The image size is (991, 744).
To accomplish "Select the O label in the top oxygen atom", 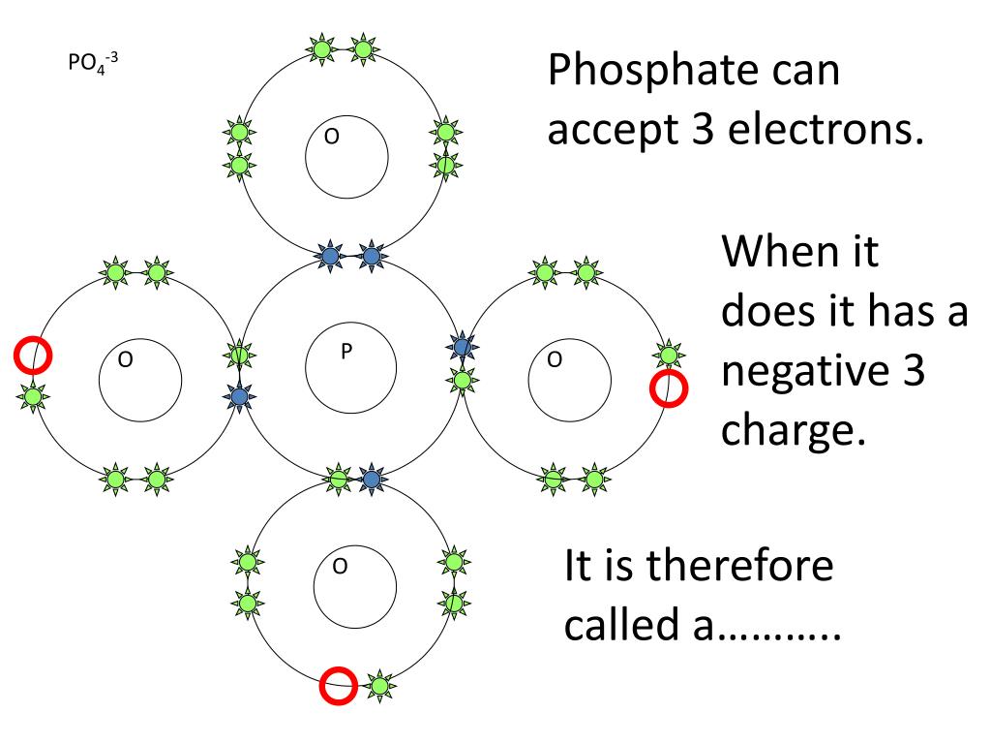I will [331, 137].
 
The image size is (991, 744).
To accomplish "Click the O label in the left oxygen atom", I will [124, 360].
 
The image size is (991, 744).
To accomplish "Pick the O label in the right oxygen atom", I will [554, 360].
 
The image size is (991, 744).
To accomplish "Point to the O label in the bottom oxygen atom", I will [339, 566].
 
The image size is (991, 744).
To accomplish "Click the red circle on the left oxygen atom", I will [32, 356].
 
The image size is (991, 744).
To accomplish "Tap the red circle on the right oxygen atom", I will [667, 389].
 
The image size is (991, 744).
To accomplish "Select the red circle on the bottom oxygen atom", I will [338, 685].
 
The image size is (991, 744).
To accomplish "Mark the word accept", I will [610, 130].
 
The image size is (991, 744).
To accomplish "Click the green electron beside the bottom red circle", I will [379, 686].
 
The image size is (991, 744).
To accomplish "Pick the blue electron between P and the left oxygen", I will [239, 396].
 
